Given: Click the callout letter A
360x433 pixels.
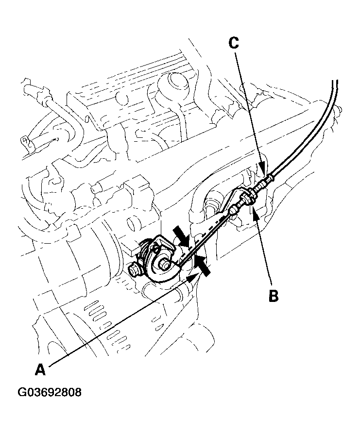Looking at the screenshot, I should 40,370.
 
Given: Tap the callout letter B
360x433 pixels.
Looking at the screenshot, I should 274,295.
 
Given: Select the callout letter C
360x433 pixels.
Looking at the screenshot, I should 234,43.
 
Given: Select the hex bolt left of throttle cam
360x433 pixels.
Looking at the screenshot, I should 135,268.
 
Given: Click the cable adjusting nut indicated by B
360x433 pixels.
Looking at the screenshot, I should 248,196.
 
